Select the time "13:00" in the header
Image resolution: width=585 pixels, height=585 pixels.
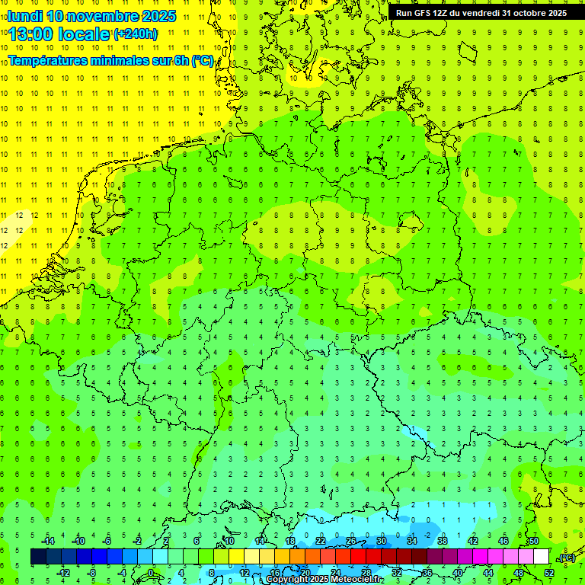point(36,34)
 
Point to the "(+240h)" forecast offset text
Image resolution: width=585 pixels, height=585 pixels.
point(136,34)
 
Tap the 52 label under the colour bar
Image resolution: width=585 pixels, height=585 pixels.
point(549,573)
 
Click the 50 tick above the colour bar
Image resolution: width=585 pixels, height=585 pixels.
point(534,541)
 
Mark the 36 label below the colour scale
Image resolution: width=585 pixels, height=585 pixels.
point(427,573)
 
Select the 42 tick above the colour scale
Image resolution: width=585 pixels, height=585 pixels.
point(473,541)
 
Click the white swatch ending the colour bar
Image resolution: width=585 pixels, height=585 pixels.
point(541,557)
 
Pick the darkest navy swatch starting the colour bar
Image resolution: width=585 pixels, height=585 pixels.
point(38,557)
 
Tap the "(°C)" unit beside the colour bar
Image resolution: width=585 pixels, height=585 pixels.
point(567,558)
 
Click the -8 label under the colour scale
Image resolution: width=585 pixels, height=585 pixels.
point(92,573)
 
